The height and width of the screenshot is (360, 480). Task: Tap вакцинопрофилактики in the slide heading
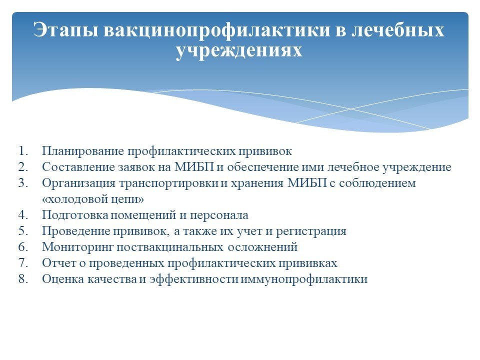click(x=217, y=30)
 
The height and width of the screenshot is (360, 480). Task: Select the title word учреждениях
click(x=239, y=50)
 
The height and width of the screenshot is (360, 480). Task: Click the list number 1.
click(x=23, y=151)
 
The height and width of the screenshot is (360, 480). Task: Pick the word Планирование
click(x=83, y=151)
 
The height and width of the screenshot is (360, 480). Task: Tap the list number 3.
click(x=23, y=183)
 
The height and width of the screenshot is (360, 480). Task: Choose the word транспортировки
click(x=168, y=183)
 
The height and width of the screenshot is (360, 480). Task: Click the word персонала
click(x=219, y=215)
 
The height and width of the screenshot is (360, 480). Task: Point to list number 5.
click(x=23, y=231)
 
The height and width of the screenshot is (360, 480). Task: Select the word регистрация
click(x=311, y=231)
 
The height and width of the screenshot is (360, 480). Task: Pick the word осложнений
click(x=262, y=247)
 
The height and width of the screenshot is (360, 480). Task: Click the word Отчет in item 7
click(x=59, y=263)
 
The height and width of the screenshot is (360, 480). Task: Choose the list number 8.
click(x=23, y=279)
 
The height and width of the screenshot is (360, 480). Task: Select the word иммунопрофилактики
click(x=304, y=279)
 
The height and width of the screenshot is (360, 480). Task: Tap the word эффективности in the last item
click(x=194, y=279)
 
